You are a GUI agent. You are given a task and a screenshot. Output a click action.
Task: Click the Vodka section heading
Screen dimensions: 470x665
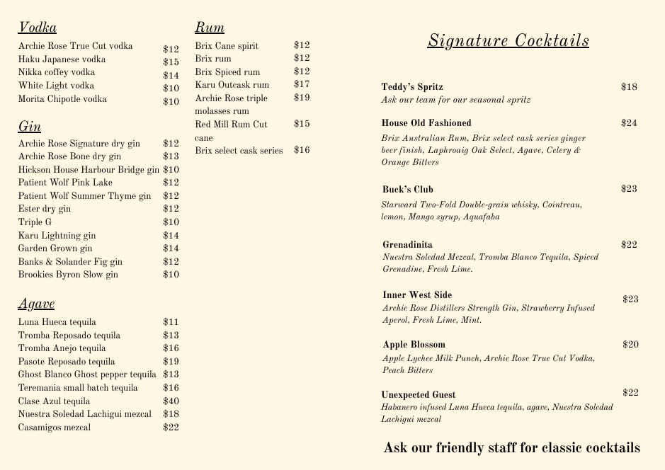pyautogui.click(x=38, y=28)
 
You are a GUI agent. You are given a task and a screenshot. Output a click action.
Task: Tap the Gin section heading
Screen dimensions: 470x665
pyautogui.click(x=29, y=127)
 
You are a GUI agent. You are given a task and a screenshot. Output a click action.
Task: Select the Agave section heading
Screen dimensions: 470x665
pyautogui.click(x=36, y=304)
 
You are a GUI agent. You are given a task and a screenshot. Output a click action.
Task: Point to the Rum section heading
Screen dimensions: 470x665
pyautogui.click(x=210, y=28)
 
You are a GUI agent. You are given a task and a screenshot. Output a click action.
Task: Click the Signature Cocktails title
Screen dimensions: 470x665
pyautogui.click(x=508, y=40)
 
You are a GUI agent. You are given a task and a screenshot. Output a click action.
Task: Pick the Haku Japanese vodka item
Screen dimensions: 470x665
pyautogui.click(x=62, y=59)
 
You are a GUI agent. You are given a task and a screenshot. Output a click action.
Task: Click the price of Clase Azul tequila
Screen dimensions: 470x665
pyautogui.click(x=171, y=401)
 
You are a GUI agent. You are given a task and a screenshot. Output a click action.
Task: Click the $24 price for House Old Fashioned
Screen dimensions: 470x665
pyautogui.click(x=629, y=123)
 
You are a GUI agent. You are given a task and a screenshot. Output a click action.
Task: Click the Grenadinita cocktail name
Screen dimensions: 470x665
pyautogui.click(x=407, y=245)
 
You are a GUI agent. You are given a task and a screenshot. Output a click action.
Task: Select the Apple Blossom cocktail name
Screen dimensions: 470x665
pyautogui.click(x=414, y=345)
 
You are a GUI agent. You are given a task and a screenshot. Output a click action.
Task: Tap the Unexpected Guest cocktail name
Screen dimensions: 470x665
pyautogui.click(x=419, y=394)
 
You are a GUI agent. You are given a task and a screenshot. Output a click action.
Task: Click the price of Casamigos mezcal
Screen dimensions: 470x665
pyautogui.click(x=171, y=427)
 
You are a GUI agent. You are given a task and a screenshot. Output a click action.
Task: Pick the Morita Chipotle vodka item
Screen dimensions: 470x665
pyautogui.click(x=62, y=99)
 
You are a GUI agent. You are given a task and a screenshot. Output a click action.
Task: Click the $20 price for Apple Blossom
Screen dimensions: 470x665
pyautogui.click(x=630, y=345)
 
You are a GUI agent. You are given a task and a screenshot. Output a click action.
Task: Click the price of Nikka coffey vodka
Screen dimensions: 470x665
pyautogui.click(x=171, y=76)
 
